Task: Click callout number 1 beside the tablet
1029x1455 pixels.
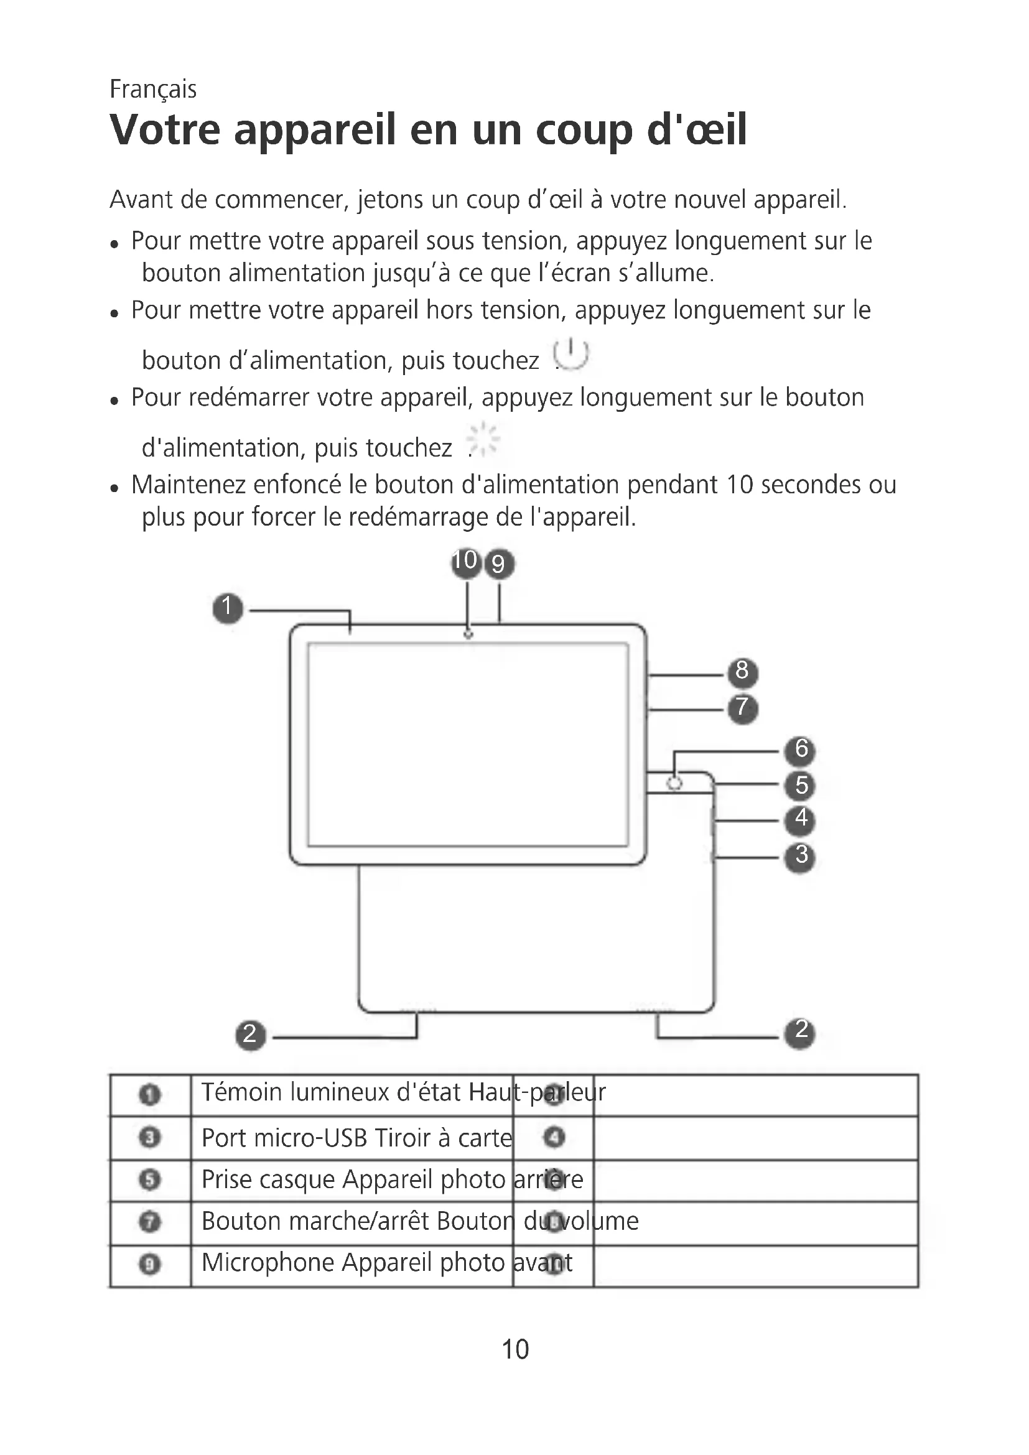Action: pos(228,608)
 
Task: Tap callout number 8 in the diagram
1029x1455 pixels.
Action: pos(742,672)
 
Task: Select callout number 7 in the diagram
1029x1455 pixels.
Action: pos(742,708)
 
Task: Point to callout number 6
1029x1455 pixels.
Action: pos(800,750)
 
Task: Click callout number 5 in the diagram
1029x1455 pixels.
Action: pos(800,786)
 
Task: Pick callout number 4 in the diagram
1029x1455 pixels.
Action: pos(800,819)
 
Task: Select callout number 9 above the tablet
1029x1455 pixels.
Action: pos(499,564)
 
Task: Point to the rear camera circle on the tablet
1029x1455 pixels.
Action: pos(675,784)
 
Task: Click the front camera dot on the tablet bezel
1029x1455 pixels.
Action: pos(468,635)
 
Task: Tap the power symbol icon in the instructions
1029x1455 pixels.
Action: pos(571,354)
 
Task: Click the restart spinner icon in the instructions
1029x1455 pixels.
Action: pos(484,439)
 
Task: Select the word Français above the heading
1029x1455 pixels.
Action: pos(152,90)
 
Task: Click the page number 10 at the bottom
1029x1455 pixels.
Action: pos(514,1350)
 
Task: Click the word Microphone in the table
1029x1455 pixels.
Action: pos(268,1263)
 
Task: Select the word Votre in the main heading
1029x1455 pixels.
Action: pos(165,130)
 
